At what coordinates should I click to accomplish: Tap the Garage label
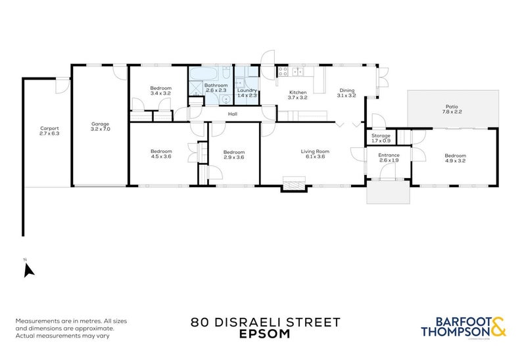point(100,124)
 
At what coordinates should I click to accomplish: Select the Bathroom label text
point(216,85)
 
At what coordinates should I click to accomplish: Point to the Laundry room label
point(247,90)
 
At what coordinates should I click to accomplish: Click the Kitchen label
point(298,93)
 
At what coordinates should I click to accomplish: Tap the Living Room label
point(314,152)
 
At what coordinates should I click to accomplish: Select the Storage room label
point(381,136)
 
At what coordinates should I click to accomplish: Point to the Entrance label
point(389,155)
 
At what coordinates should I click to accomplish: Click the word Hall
point(232,114)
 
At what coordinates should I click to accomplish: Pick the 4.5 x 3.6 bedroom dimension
point(160,156)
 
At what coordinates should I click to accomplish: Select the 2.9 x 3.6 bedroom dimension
point(233,156)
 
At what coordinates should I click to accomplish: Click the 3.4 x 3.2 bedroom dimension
point(160,93)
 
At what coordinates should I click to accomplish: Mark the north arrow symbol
point(28,269)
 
